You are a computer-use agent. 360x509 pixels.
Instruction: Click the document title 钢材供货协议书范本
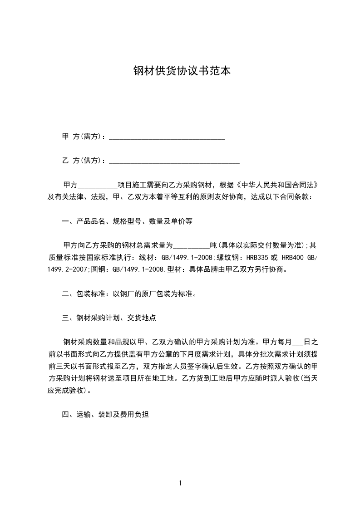[179, 71]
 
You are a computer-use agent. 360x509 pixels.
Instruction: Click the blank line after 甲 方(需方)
[167, 137]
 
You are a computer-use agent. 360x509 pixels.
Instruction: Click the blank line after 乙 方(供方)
[174, 160]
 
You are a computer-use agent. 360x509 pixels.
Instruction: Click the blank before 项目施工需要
[98, 186]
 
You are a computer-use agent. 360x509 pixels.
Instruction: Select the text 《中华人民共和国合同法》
[279, 186]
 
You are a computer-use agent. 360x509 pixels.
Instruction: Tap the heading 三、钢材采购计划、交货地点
[109, 318]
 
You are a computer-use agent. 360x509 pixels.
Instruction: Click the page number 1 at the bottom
[180, 483]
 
